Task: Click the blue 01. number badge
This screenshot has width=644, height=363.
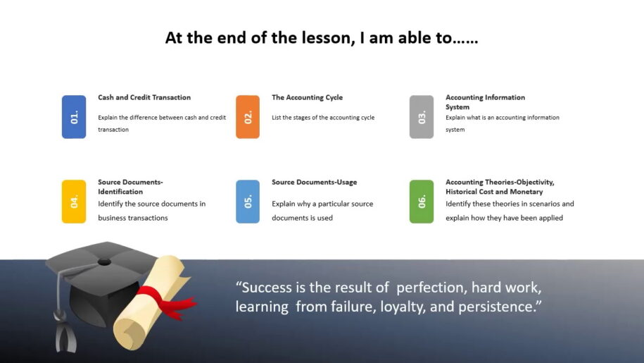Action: pos(74,117)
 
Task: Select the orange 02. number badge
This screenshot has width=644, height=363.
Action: pos(248,117)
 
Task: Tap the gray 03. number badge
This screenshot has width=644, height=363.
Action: pos(422,117)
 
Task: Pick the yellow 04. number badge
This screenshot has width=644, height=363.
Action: pos(74,202)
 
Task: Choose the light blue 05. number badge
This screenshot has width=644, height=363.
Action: pos(248,202)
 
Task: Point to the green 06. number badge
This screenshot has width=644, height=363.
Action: pos(422,202)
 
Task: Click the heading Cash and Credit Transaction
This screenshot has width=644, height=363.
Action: pos(144,97)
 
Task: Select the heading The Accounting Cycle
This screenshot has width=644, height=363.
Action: pos(307,97)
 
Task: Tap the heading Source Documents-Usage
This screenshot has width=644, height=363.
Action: pos(314,182)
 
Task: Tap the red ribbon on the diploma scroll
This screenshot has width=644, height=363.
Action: pos(166,303)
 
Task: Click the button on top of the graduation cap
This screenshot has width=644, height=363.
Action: pos(104,262)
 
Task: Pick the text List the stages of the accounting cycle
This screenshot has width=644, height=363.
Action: pos(323,118)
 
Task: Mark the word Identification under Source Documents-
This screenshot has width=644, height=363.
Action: pos(120,192)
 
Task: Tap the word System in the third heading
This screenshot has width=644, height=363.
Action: pos(457,107)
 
